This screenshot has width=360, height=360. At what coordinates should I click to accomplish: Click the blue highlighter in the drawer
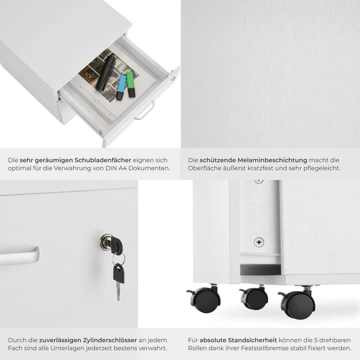(x=121, y=88)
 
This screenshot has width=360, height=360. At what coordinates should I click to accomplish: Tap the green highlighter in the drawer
(x=130, y=84)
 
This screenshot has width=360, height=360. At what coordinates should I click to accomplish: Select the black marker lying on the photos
(x=106, y=73)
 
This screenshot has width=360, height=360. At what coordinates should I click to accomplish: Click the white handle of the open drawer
(x=144, y=110)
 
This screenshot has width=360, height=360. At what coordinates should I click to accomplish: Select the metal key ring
(x=118, y=259)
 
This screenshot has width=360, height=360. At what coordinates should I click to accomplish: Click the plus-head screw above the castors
(x=259, y=242)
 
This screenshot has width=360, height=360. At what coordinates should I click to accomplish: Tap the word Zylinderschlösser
(x=88, y=340)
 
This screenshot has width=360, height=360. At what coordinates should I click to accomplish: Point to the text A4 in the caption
(x=123, y=168)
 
